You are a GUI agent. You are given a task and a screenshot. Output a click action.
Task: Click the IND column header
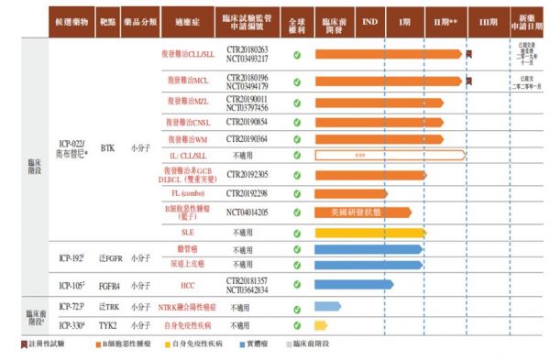(x=368, y=19)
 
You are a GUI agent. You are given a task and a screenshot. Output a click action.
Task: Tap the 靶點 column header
(x=107, y=19)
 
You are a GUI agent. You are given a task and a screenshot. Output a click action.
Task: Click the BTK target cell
(x=107, y=146)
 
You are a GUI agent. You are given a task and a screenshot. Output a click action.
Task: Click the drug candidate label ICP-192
(x=71, y=258)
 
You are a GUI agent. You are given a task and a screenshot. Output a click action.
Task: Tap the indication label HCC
(x=187, y=285)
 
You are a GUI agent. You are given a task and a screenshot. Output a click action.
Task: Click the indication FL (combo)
(x=187, y=193)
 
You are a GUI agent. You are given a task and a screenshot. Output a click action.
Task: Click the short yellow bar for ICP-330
(x=322, y=324)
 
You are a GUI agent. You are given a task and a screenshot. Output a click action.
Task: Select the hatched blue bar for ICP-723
(x=327, y=307)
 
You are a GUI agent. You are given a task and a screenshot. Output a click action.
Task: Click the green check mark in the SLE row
(x=297, y=232)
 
